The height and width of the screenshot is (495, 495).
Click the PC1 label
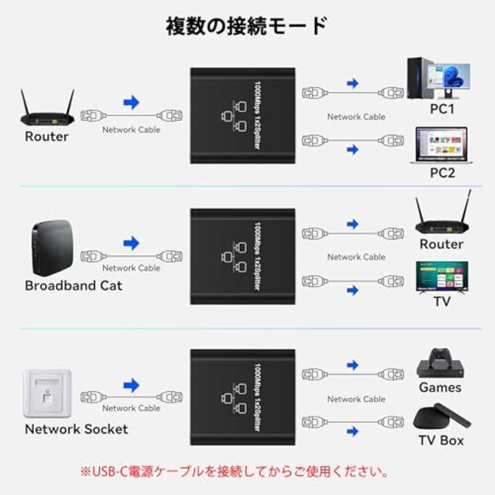tap(442, 109)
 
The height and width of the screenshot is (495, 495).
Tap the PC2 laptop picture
tap(441, 145)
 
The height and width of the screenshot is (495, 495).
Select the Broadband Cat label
tap(73, 285)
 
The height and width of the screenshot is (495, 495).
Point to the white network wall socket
tap(47, 393)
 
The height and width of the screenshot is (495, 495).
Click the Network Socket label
tap(76, 429)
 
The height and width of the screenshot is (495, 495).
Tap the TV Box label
tap(441, 440)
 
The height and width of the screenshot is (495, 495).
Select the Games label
tap(440, 387)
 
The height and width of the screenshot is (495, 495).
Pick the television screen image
tap(442, 277)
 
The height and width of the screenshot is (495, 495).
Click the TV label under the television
tap(442, 301)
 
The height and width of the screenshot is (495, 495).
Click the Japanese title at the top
tap(247, 26)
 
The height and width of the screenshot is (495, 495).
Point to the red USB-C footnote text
tap(234, 471)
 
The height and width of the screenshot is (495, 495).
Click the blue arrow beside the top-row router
tap(131, 102)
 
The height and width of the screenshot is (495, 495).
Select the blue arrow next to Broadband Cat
tap(131, 243)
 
